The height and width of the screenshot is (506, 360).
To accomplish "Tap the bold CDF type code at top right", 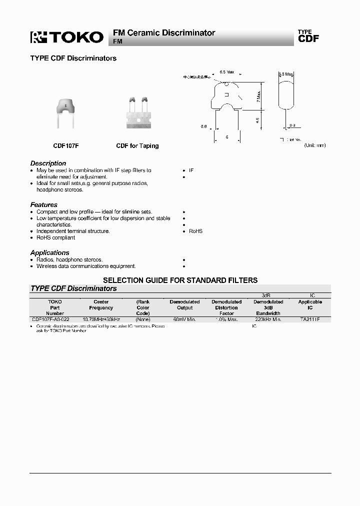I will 308,39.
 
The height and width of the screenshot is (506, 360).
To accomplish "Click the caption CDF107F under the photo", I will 65,146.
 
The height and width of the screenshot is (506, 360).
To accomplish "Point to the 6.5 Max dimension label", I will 226,72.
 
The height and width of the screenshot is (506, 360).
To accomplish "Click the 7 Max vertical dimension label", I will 258,96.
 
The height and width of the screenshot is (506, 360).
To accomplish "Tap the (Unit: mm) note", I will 314,145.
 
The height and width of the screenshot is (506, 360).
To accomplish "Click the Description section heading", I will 48,163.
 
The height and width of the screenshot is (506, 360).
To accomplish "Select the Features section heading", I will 43,205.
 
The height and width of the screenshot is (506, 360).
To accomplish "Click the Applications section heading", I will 49,253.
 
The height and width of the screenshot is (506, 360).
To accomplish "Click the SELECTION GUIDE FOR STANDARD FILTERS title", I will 180,280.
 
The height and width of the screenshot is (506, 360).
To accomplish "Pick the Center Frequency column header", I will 101,305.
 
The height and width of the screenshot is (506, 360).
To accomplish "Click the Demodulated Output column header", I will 184,305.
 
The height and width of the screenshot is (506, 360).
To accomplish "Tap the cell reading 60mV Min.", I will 184,319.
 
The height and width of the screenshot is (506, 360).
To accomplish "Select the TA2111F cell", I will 310,319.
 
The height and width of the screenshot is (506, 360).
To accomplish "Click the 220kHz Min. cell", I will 268,319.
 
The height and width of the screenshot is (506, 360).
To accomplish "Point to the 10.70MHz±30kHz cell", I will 101,319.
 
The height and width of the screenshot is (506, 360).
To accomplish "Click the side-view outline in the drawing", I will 285,92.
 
